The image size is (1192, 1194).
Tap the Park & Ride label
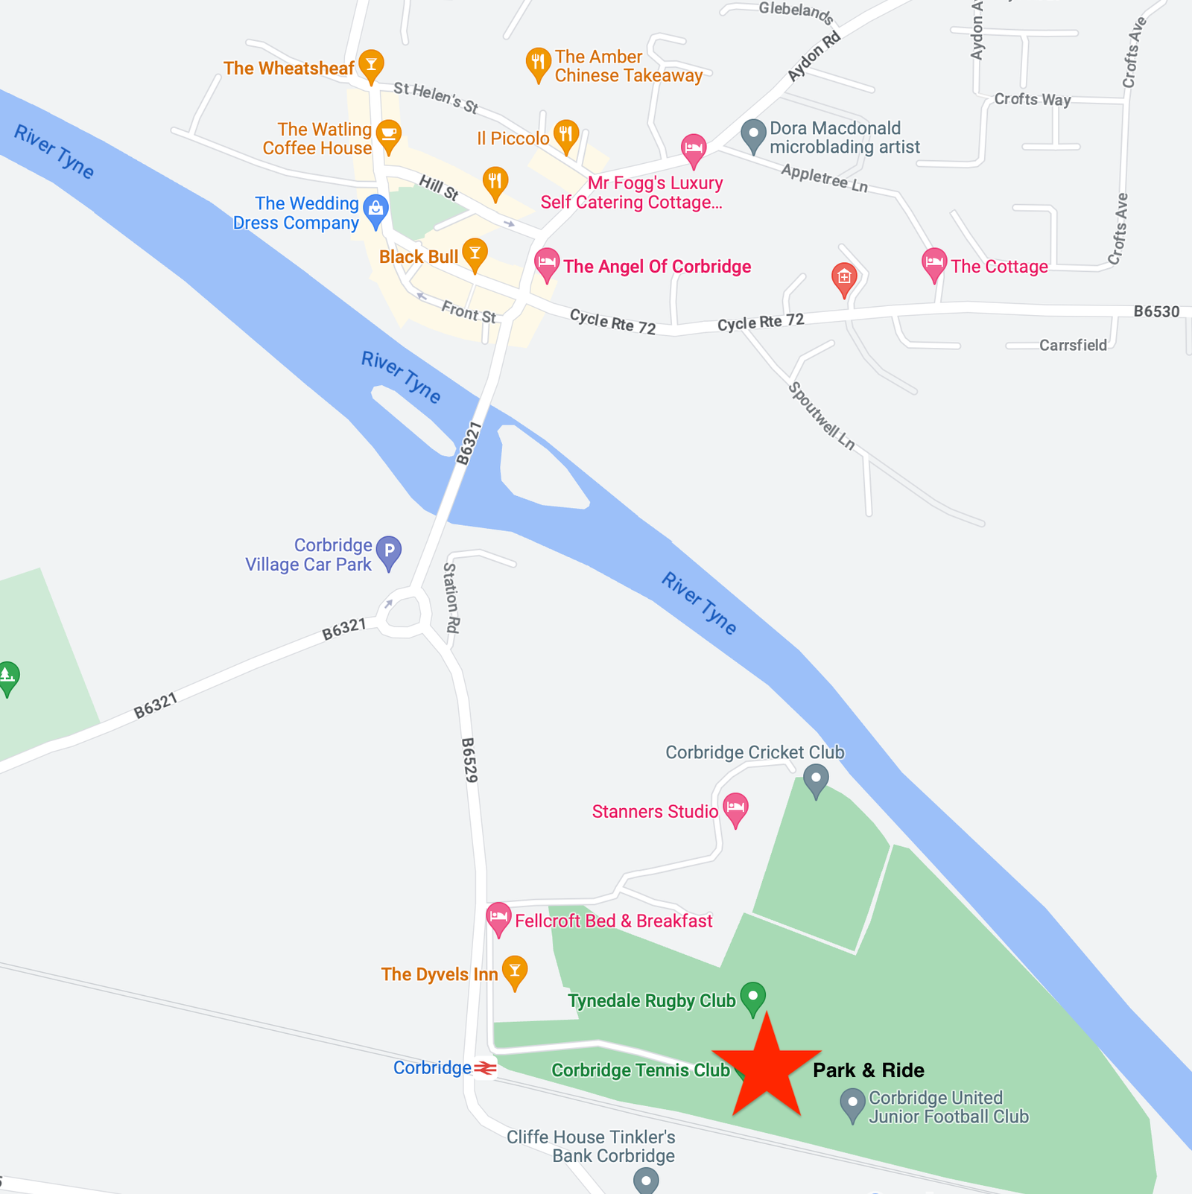coord(868,1070)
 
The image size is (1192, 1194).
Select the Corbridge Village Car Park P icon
coord(389,551)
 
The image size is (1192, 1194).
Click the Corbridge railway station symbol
coord(486,1068)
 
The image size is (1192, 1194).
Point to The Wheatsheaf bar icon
coord(371,64)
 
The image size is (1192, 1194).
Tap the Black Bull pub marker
coord(475,253)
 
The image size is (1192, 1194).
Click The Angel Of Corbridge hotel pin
coord(547,263)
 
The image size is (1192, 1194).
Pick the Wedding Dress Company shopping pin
coord(376,210)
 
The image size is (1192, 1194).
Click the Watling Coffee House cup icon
coord(388,135)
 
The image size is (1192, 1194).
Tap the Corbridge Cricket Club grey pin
coord(816,779)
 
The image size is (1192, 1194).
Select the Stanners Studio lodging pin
coord(735,807)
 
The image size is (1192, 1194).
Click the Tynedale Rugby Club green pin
coord(753,996)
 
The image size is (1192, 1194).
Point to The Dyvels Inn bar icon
coord(515,971)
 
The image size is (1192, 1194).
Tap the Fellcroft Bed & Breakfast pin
coord(498,918)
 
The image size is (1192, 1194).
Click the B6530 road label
coord(1156,311)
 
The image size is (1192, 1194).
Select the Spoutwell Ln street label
coord(821,416)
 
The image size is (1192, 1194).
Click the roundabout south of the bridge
coord(403,613)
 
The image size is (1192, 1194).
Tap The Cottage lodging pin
coord(933,263)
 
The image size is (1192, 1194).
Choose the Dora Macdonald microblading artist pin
coord(753,134)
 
